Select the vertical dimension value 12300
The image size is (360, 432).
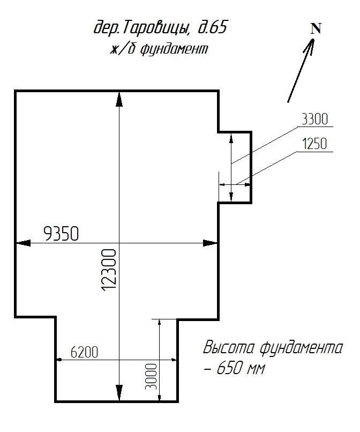point(109,270)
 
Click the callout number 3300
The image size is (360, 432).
point(315,120)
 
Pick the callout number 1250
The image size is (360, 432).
point(315,144)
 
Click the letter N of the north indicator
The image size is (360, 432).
point(316,29)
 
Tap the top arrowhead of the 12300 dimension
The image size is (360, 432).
point(118,99)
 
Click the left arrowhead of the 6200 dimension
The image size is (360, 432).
point(60,360)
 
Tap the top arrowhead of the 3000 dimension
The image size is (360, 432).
point(160,323)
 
